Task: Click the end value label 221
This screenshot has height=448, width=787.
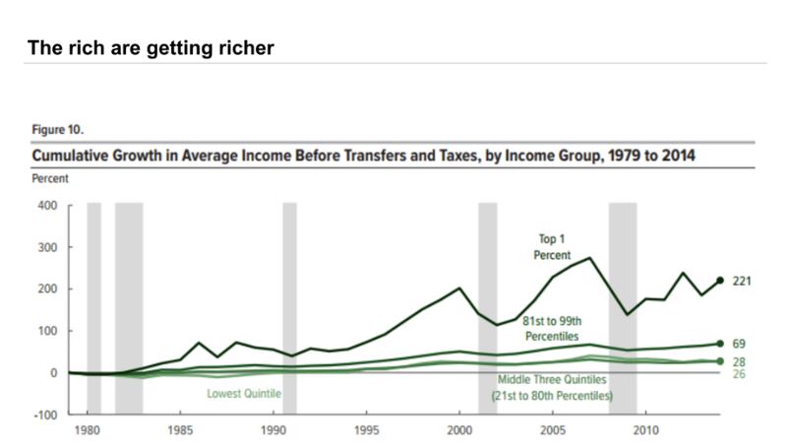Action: pos(744,282)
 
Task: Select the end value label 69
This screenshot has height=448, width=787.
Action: pos(740,344)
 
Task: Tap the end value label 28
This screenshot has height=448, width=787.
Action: pos(740,363)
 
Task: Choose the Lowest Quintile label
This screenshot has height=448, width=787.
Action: pos(244,394)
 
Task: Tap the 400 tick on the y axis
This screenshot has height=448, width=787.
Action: pos(48,206)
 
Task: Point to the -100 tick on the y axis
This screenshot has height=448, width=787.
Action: pos(46,415)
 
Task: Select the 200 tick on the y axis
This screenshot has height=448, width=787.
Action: pos(48,289)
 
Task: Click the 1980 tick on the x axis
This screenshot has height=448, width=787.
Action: pos(90,430)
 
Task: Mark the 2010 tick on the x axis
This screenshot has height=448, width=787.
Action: pos(646,430)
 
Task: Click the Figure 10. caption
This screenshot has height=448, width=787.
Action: pos(58,129)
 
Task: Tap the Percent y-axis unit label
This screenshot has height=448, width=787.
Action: pos(52,179)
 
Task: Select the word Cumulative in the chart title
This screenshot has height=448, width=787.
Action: pos(77,157)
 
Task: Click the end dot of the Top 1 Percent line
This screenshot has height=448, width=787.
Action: pos(720,282)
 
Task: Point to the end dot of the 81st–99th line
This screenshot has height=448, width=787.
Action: pos(720,344)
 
